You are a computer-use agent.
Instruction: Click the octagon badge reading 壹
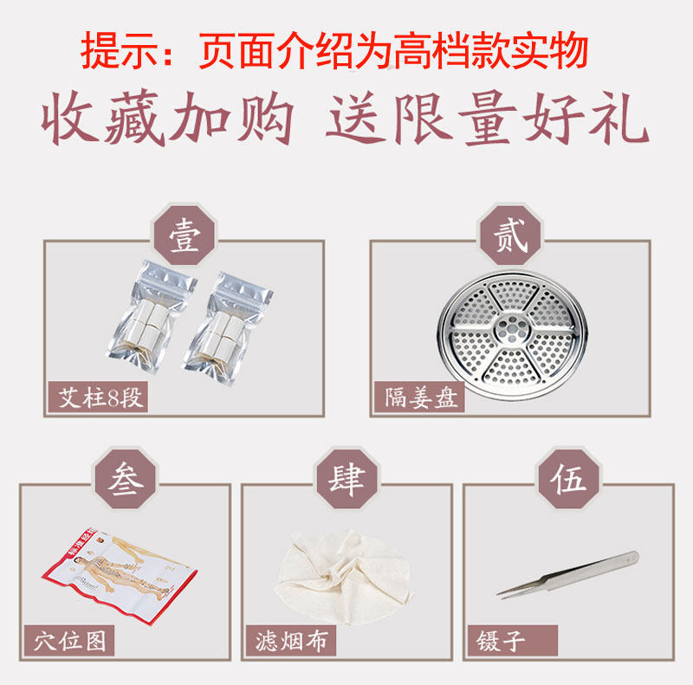pos(185,235)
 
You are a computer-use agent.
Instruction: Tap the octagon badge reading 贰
pos(511,235)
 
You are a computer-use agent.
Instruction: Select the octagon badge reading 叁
pos(126,479)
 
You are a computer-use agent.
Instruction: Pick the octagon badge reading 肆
pos(347,479)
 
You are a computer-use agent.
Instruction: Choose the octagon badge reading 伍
pos(568,479)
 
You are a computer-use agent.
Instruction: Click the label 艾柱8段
pos(98,397)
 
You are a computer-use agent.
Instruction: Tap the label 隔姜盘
pos(419,397)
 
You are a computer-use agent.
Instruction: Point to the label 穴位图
pos(69,641)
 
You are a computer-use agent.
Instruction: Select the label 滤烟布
pos(291,641)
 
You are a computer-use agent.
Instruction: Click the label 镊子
pos(513,641)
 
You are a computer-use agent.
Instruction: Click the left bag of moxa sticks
pos(152,317)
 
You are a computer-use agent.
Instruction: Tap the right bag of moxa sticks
pos(228,329)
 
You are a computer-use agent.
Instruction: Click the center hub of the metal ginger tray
pos(512,328)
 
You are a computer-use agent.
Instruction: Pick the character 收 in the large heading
pos(68,118)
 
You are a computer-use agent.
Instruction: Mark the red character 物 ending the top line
pos(568,50)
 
